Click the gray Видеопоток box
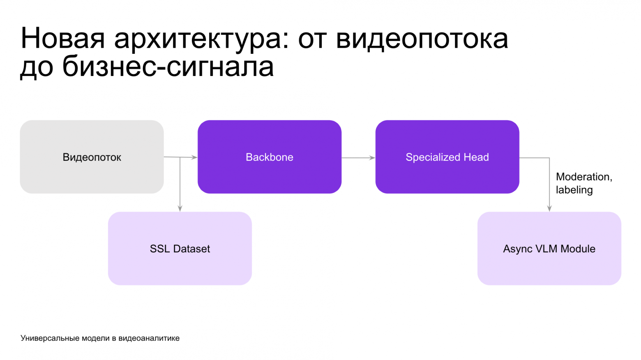[x=92, y=157]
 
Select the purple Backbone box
[x=269, y=157]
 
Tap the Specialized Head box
[x=447, y=157]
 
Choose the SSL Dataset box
[x=180, y=248]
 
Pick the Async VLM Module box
[x=549, y=248]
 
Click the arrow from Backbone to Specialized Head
[x=358, y=157]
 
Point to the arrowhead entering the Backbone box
[x=194, y=157]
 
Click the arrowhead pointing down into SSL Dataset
[x=180, y=208]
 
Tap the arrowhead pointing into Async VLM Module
[x=549, y=208]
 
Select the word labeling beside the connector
[x=574, y=190]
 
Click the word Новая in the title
[x=63, y=38]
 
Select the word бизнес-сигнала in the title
[x=168, y=67]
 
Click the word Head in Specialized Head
[x=476, y=157]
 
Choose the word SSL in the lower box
[x=159, y=249]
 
